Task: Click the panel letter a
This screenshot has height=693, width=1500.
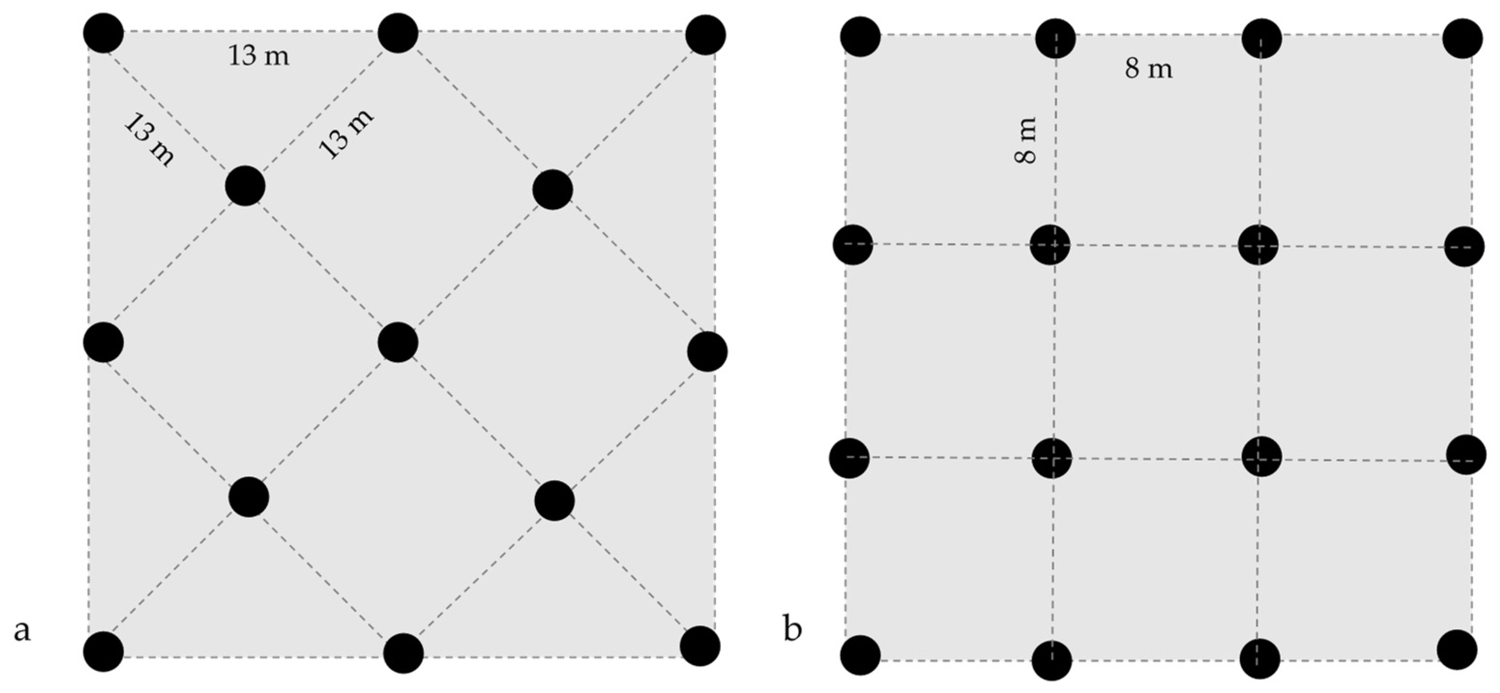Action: pos(22,630)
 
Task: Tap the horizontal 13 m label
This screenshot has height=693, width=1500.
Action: pos(258,57)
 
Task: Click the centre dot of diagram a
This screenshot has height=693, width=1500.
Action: pos(398,343)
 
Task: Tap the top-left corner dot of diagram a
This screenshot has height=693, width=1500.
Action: pos(104,32)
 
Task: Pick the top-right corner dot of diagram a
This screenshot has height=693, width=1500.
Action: pos(705,35)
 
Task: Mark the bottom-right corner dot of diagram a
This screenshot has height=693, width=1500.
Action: pos(700,646)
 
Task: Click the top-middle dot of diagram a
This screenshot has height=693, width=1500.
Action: pos(398,33)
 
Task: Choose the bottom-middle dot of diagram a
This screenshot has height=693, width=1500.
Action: pos(403,653)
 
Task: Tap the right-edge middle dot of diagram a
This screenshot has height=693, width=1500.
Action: pos(707,352)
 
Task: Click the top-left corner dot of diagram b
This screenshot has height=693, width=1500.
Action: pos(860,36)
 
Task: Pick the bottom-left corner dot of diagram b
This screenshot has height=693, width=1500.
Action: pos(860,655)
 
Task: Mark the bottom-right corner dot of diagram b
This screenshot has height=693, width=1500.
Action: pos(1457,650)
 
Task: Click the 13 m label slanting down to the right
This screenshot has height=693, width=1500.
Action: pos(149,139)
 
